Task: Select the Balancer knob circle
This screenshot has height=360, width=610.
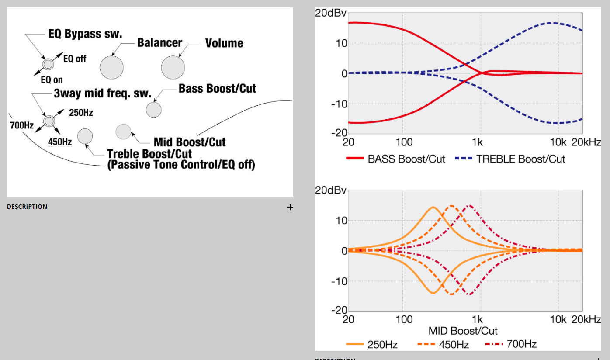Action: [112, 67]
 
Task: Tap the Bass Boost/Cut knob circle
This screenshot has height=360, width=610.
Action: [153, 109]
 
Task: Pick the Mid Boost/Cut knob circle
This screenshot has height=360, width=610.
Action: [123, 132]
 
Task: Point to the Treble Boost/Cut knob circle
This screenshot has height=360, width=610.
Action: [85, 136]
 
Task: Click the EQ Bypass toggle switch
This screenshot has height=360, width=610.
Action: [48, 65]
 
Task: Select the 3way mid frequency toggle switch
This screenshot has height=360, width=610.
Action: [49, 121]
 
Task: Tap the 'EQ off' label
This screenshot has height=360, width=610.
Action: [75, 59]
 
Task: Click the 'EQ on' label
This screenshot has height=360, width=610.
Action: [52, 80]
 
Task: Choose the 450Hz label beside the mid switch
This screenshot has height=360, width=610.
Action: [60, 142]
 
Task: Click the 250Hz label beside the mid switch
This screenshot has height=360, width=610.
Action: [81, 113]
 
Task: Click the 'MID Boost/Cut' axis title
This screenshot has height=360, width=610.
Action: [463, 330]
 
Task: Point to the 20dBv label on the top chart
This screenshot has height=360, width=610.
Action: [331, 13]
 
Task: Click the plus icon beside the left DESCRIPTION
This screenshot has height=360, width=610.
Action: [290, 207]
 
